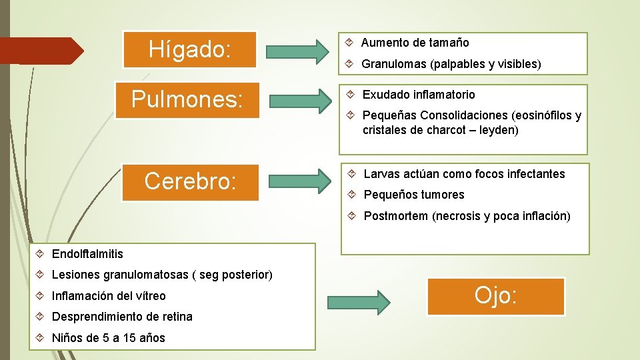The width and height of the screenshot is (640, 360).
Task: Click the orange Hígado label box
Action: tap(190, 49)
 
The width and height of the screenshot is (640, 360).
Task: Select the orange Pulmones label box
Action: tap(187, 99)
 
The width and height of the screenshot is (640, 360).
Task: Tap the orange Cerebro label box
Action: tap(190, 181)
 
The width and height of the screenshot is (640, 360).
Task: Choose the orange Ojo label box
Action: tap(496, 296)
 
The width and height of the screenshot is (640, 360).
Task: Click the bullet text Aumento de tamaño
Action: tap(415, 43)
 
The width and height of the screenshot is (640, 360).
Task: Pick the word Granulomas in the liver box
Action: tap(393, 65)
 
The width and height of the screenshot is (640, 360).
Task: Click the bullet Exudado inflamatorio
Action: tap(419, 95)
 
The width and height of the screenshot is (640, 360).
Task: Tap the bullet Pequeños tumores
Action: tap(413, 195)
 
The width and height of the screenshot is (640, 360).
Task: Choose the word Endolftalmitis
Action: tap(87, 253)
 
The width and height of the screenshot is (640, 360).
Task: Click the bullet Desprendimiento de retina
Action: tap(122, 317)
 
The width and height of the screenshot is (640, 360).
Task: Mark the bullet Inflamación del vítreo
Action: tap(109, 296)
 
